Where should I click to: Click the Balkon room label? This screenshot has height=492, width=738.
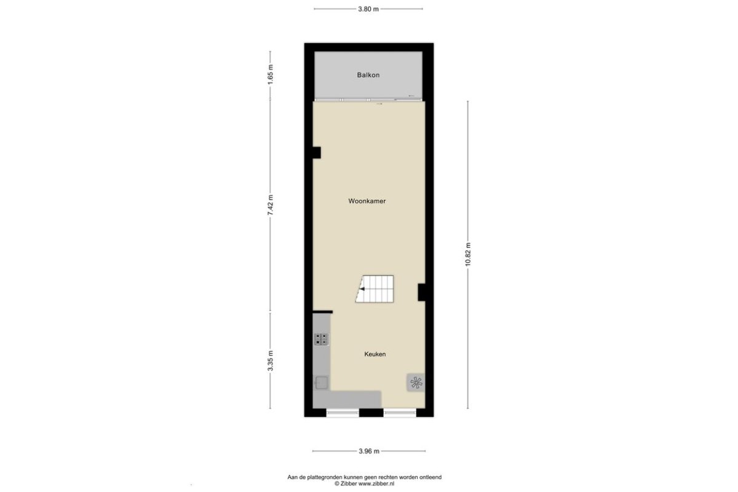[x=368, y=75]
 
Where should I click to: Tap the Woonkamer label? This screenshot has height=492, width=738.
[x=367, y=201]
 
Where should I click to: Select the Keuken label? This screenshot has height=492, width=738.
[x=375, y=354]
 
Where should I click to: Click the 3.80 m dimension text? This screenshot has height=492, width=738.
[x=368, y=9]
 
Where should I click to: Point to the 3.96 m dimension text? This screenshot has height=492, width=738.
[x=369, y=451]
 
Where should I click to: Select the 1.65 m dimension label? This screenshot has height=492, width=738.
[x=271, y=74]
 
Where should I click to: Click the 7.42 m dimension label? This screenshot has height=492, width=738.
[x=271, y=205]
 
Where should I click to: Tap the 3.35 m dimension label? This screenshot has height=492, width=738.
[x=271, y=360]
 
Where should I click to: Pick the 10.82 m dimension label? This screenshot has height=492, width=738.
[x=468, y=254]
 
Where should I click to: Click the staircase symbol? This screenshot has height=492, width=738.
[x=375, y=289]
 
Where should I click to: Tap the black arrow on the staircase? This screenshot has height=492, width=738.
[x=362, y=289]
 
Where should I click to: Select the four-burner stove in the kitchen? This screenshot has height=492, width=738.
[x=321, y=339]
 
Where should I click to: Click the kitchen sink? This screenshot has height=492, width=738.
[x=320, y=383]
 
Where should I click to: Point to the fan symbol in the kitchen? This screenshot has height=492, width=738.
[x=416, y=383]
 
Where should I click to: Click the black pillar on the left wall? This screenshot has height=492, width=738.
[x=317, y=153]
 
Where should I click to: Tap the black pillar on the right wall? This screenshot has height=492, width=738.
[x=422, y=292]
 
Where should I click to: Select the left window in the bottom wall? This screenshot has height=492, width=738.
[x=343, y=413]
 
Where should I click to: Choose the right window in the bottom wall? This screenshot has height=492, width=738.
[x=400, y=413]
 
